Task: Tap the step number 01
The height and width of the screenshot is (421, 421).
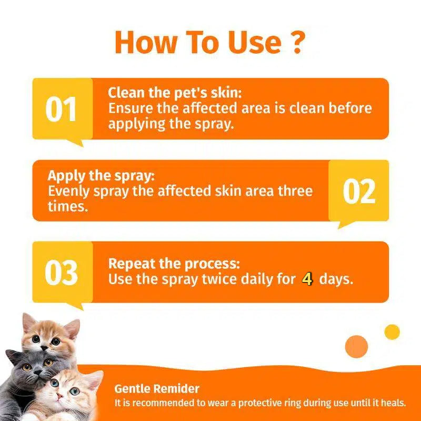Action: tap(61, 109)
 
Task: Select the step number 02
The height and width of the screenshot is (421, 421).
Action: tap(359, 192)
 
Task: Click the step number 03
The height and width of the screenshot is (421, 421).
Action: tap(61, 273)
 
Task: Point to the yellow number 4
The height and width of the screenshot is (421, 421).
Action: tap(307, 279)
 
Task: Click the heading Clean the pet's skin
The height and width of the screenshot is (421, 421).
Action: tap(175, 93)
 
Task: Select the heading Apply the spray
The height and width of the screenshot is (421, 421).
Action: tap(102, 175)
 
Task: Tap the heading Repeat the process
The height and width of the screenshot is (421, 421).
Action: tap(174, 264)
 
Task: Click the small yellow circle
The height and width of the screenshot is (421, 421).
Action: tap(392, 332)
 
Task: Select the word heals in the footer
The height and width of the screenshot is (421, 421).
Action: tap(394, 404)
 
